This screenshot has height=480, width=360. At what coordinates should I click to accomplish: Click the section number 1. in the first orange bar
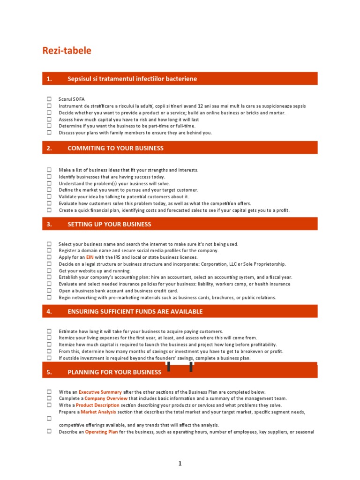click(49, 79)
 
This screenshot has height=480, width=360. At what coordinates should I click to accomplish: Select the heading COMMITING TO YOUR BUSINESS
click(115, 148)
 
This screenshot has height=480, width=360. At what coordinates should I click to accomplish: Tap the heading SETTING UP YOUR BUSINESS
click(109, 224)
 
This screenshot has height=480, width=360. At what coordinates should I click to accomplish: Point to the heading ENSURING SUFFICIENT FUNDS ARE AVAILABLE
click(135, 311)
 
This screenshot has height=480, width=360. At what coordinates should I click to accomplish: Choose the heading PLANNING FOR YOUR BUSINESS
click(114, 372)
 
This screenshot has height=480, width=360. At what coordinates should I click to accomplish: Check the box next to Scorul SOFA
click(49, 99)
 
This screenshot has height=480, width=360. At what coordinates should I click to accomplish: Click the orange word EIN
click(90, 257)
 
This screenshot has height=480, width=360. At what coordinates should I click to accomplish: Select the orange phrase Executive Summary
click(100, 392)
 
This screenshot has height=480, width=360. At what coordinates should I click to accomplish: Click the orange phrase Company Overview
click(105, 398)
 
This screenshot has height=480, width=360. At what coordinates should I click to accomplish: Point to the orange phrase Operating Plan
click(101, 432)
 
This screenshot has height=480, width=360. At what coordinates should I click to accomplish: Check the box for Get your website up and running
click(49, 271)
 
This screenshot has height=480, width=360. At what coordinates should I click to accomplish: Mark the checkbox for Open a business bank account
click(49, 291)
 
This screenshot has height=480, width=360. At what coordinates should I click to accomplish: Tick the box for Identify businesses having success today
click(49, 177)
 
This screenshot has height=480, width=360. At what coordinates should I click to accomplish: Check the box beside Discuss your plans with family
click(49, 133)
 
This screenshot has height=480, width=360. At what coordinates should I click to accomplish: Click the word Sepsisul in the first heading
click(79, 79)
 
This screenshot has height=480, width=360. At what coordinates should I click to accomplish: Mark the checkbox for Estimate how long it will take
click(49, 331)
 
